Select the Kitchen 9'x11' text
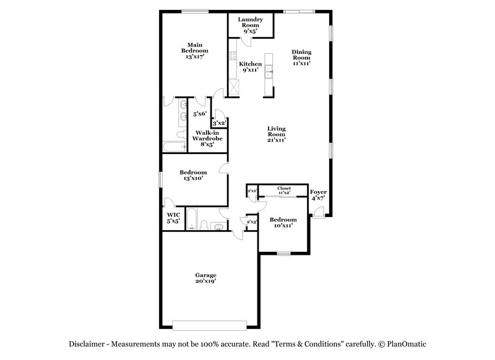click(x=251, y=67)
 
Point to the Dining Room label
click(x=301, y=58)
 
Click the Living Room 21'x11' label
click(x=276, y=134)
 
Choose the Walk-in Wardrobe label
click(x=207, y=138)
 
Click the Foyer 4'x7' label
click(x=319, y=195)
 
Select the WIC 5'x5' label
click(x=173, y=218)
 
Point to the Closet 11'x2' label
click(x=284, y=191)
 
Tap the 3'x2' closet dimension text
click(x=219, y=124)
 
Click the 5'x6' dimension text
click(x=200, y=114)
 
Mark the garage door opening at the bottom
click(x=209, y=325)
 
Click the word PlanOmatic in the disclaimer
click(x=407, y=344)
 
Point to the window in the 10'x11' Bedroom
click(x=283, y=253)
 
